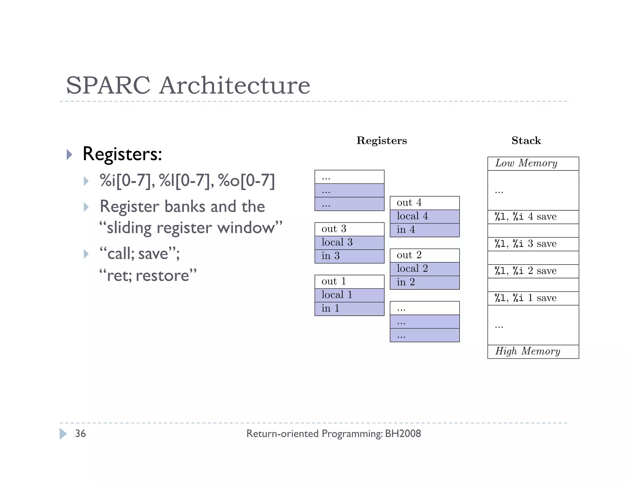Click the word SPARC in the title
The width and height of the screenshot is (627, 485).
[108, 85]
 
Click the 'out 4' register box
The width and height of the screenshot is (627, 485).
[424, 203]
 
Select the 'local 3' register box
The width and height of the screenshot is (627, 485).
[349, 243]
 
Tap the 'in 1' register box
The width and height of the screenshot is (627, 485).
[349, 309]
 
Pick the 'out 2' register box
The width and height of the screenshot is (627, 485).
[424, 255]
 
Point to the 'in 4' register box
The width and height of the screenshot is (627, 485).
[424, 230]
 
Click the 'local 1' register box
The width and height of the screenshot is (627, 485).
[349, 295]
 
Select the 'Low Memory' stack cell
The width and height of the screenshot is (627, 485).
[533, 163]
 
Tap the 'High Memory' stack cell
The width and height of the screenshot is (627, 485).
[533, 352]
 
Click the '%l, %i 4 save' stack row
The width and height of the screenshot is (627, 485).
[533, 217]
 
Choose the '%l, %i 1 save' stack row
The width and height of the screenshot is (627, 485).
[533, 298]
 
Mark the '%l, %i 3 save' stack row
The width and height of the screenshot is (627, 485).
[533, 244]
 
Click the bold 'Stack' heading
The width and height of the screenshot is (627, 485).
[526, 141]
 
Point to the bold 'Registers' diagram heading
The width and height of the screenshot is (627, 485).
[381, 141]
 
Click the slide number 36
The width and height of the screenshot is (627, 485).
[81, 433]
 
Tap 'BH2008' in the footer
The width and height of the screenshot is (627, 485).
[403, 433]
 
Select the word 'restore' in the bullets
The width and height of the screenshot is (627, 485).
[162, 275]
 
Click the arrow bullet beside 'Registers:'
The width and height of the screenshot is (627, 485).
[69, 155]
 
